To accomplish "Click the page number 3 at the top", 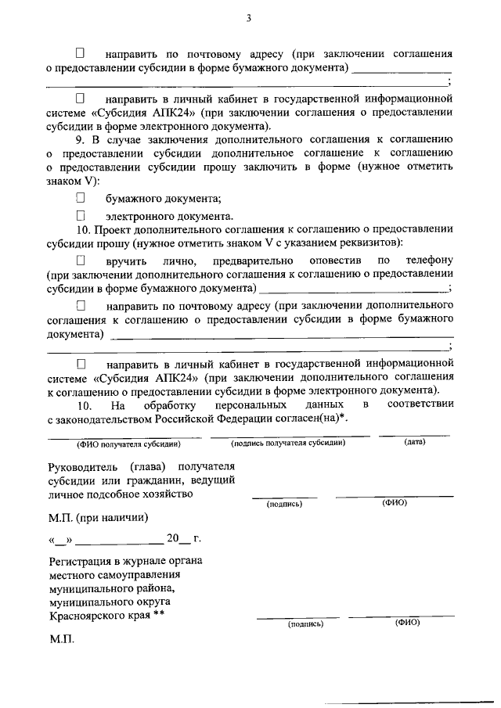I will tap(248, 19).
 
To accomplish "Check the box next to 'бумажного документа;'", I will tap(80, 199).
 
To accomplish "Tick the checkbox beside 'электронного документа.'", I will tap(80, 214).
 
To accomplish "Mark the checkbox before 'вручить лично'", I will tap(80, 260).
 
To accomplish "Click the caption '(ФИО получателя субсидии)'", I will tap(128, 444).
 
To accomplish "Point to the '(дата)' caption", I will tap(415, 443).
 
